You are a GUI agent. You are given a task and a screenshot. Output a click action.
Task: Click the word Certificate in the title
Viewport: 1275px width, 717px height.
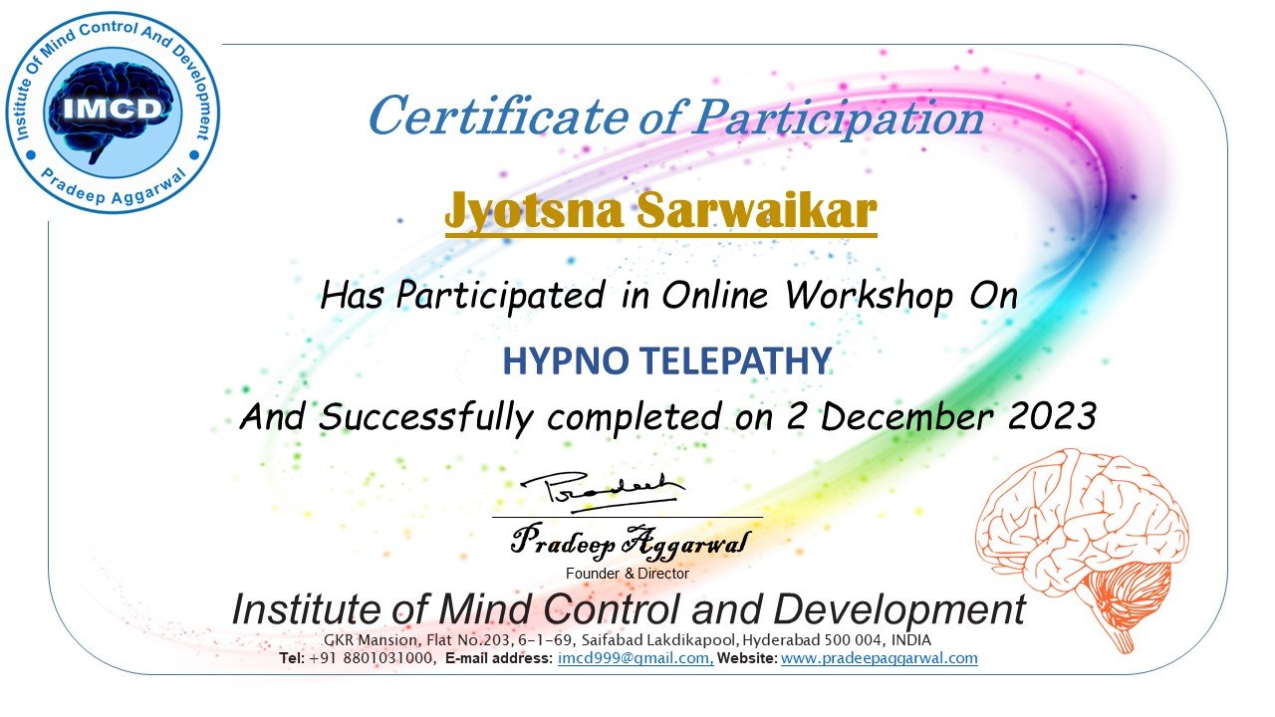tap(499, 117)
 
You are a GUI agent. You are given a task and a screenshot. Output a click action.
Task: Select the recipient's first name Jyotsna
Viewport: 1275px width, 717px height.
tap(534, 210)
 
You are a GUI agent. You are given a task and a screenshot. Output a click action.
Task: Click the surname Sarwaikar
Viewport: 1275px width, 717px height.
tap(756, 209)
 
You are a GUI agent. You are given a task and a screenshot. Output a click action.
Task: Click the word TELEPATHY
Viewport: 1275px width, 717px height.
tap(736, 360)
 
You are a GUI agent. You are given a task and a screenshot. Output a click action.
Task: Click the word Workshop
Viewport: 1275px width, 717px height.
tap(869, 296)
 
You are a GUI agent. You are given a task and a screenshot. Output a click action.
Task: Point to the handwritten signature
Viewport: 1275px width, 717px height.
tap(603, 492)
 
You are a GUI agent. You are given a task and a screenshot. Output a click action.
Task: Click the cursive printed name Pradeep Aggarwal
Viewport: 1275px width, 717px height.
tap(631, 541)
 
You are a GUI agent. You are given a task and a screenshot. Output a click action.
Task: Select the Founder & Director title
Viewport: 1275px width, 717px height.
tap(628, 573)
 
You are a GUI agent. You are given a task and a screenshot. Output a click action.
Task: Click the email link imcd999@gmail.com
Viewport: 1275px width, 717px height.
tap(636, 658)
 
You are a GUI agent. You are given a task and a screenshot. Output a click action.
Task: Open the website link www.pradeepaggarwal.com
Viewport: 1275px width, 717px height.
tap(880, 658)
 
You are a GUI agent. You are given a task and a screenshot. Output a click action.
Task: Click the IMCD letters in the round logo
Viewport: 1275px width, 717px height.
tap(113, 109)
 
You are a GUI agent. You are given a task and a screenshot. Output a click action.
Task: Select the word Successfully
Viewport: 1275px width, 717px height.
tap(425, 417)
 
